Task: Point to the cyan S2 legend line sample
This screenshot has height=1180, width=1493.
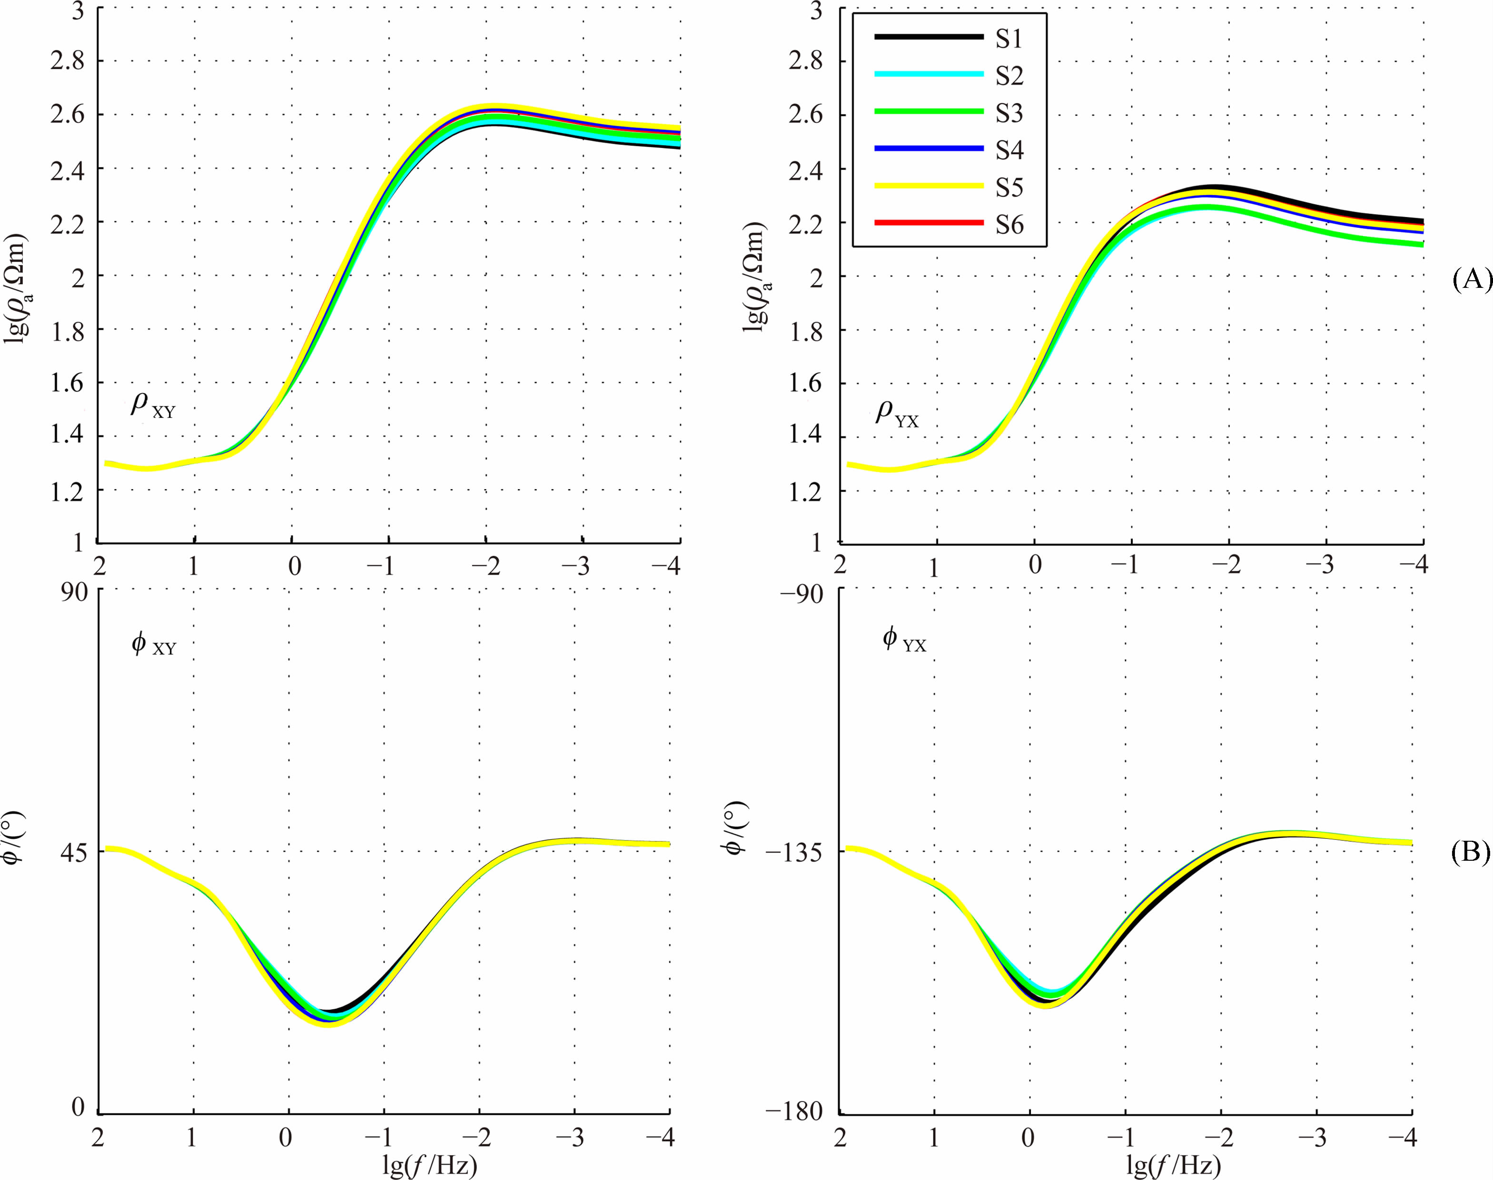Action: [929, 74]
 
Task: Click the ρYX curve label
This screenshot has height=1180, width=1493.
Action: [897, 414]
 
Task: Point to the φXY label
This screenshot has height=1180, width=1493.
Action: [153, 644]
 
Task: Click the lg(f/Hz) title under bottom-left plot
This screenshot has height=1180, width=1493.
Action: [430, 1166]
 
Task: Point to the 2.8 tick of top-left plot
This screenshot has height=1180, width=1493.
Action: [67, 61]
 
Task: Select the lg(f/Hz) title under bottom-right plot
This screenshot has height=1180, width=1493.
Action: [1173, 1166]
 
